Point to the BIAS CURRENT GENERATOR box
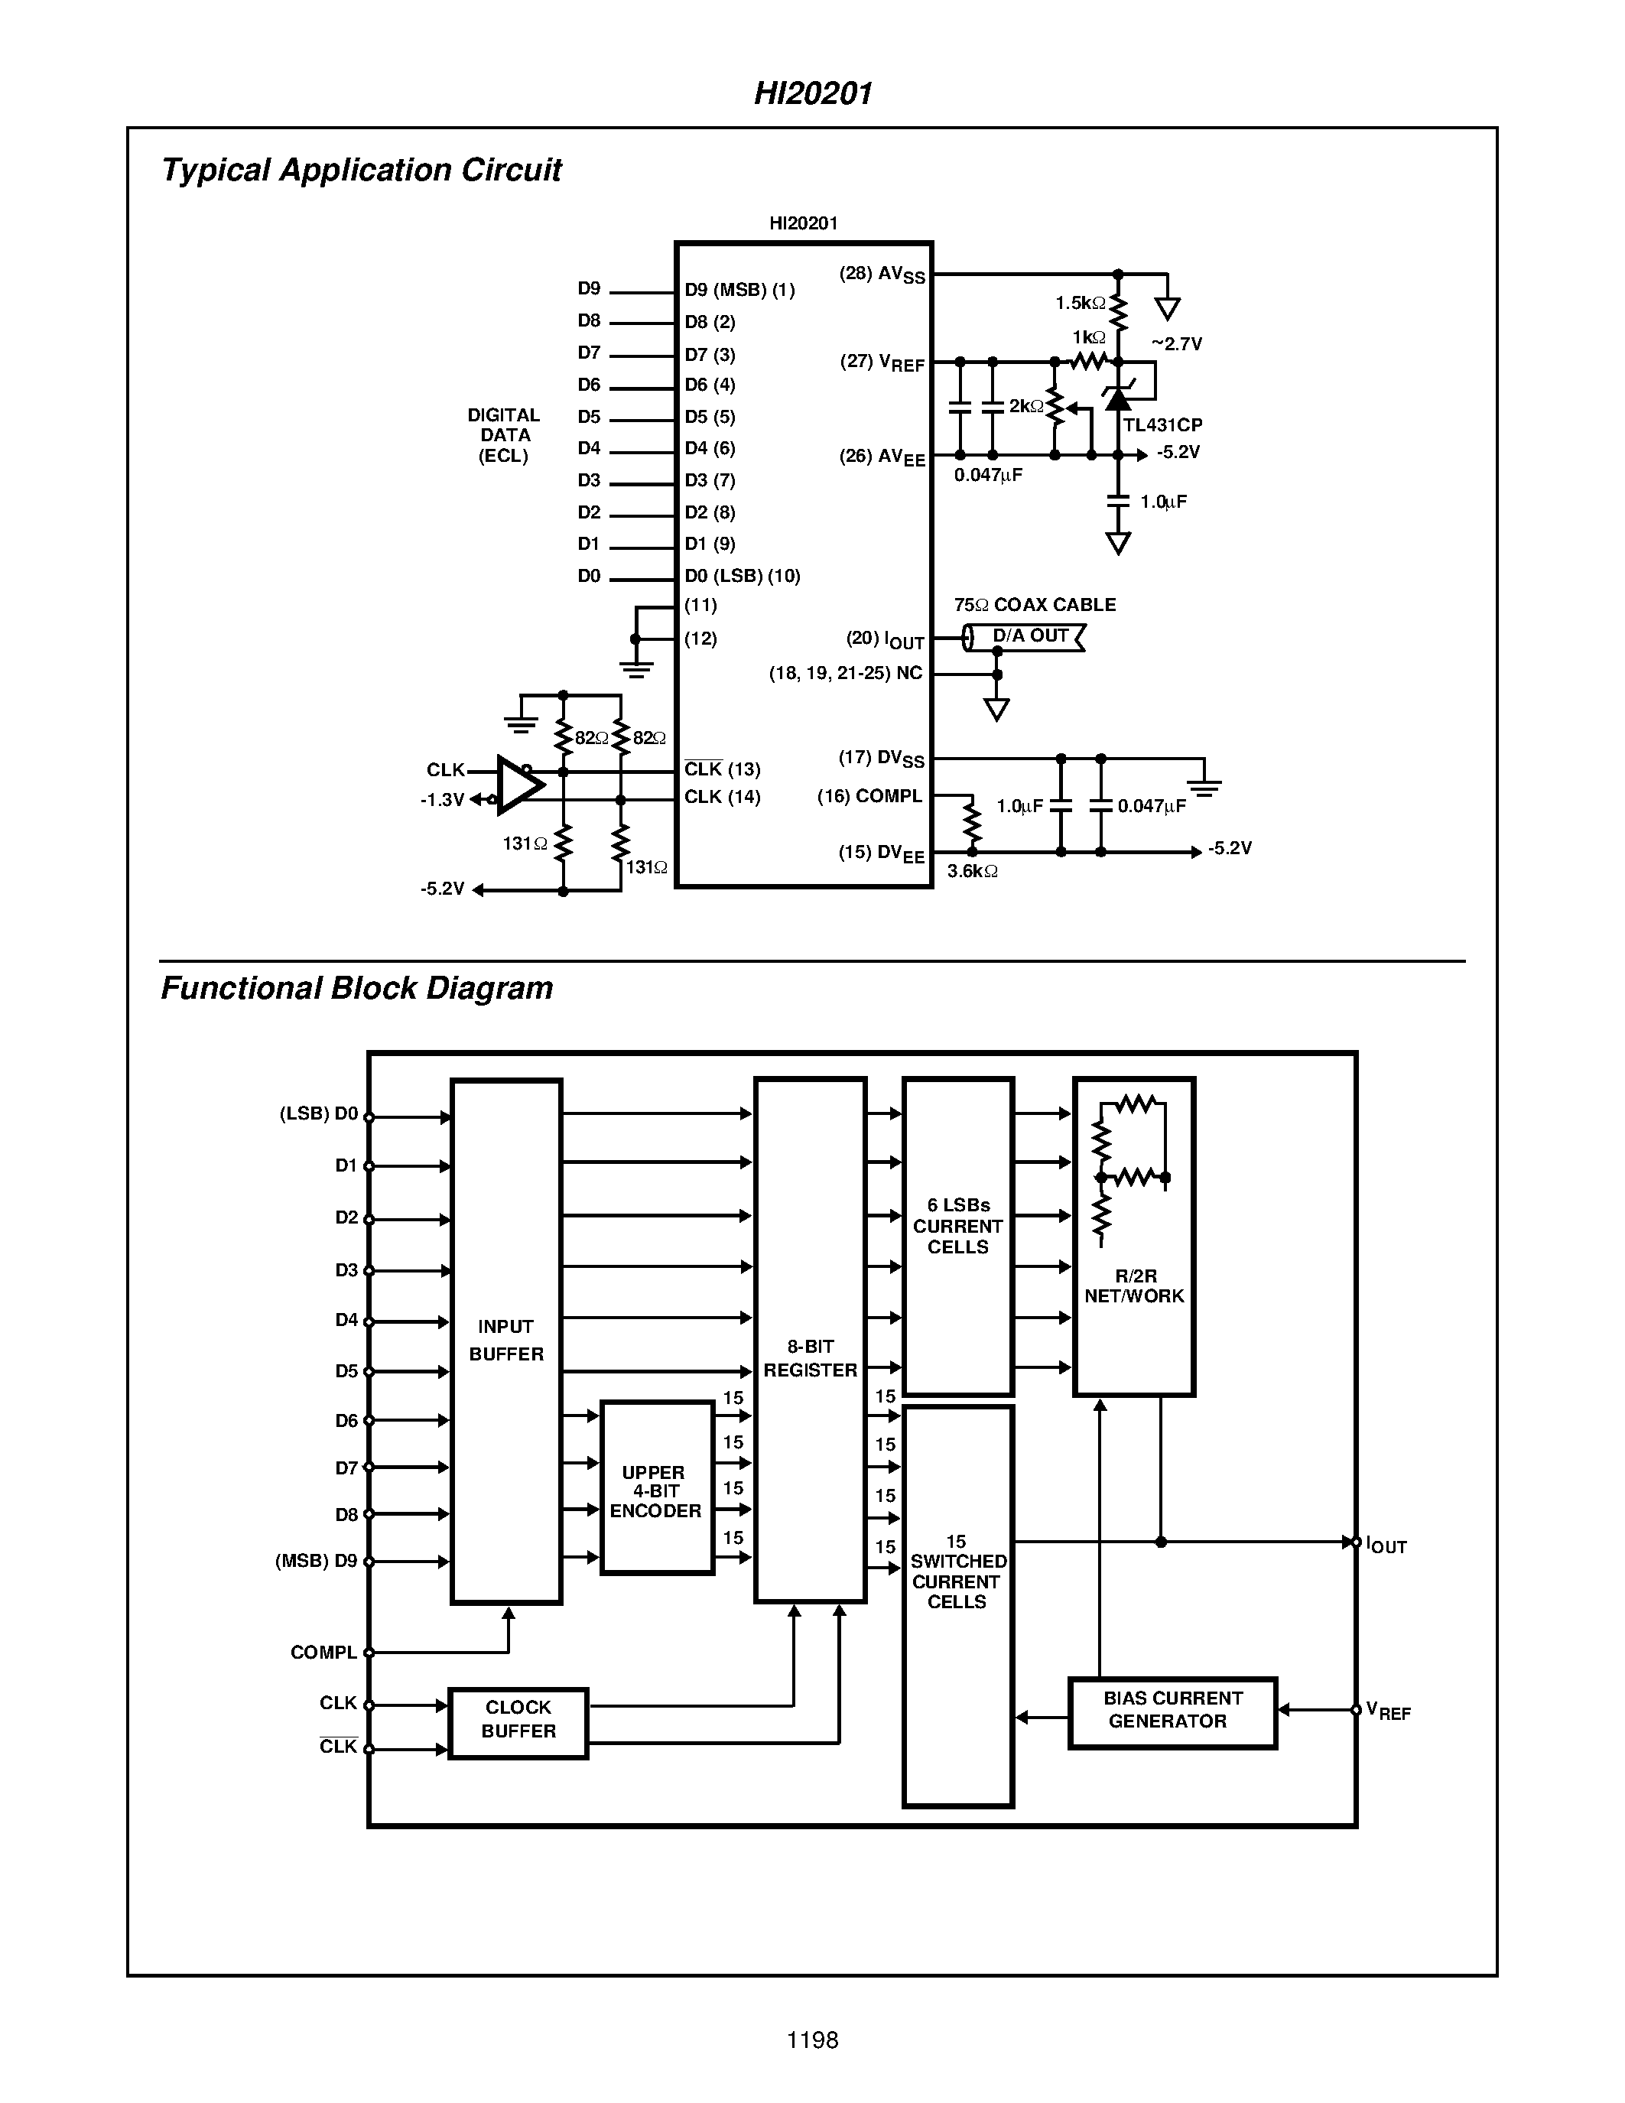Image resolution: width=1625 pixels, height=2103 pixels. point(1172,1709)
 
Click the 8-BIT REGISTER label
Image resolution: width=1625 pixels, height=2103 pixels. point(810,1357)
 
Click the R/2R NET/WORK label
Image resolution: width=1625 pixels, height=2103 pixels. point(1134,1286)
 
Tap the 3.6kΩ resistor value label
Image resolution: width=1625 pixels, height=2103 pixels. point(972,872)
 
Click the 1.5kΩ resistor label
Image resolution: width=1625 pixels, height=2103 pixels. point(1080,304)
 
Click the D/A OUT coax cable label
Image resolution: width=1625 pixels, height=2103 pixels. point(1030,635)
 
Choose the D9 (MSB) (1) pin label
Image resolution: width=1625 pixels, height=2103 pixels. point(739,290)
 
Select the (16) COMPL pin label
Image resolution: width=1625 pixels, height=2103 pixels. point(869,796)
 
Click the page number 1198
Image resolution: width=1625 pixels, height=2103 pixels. point(812,2040)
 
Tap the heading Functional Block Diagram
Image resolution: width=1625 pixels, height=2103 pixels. point(357,988)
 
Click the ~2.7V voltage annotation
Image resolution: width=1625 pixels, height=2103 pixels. point(1176,344)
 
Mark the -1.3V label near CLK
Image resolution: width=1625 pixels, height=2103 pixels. point(442,800)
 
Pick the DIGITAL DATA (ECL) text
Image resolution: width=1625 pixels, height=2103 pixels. point(503,435)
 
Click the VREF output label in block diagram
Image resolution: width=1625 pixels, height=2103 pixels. point(1387,1711)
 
